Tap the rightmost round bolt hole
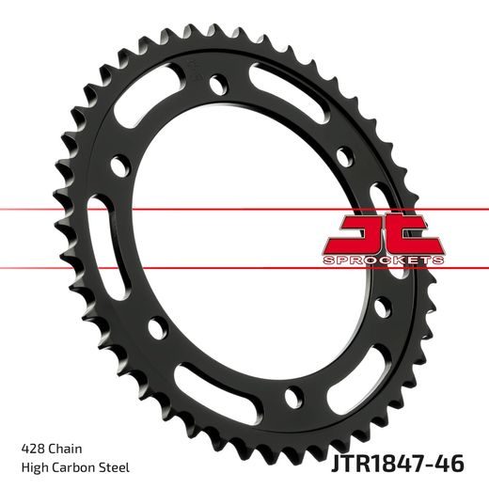point(380,306)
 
